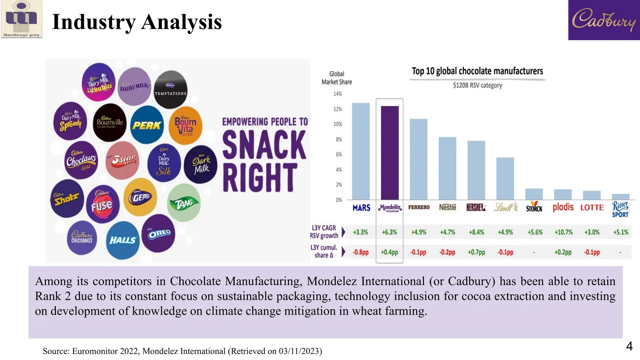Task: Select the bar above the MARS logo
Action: click(361, 151)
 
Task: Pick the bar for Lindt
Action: click(505, 178)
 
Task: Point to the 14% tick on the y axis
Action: click(337, 94)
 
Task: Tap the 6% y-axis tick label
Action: click(339, 154)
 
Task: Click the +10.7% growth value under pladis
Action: click(563, 232)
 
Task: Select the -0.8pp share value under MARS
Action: click(361, 252)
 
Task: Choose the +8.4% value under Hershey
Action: click(476, 232)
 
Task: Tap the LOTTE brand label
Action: click(592, 207)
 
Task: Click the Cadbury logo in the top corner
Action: click(604, 20)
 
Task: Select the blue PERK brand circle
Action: click(147, 125)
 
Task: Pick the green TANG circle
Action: click(184, 203)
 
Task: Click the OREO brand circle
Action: click(159, 233)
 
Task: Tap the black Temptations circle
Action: click(171, 89)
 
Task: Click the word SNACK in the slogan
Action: click(264, 145)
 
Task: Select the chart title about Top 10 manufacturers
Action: click(477, 71)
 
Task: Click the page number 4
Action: click(629, 346)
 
